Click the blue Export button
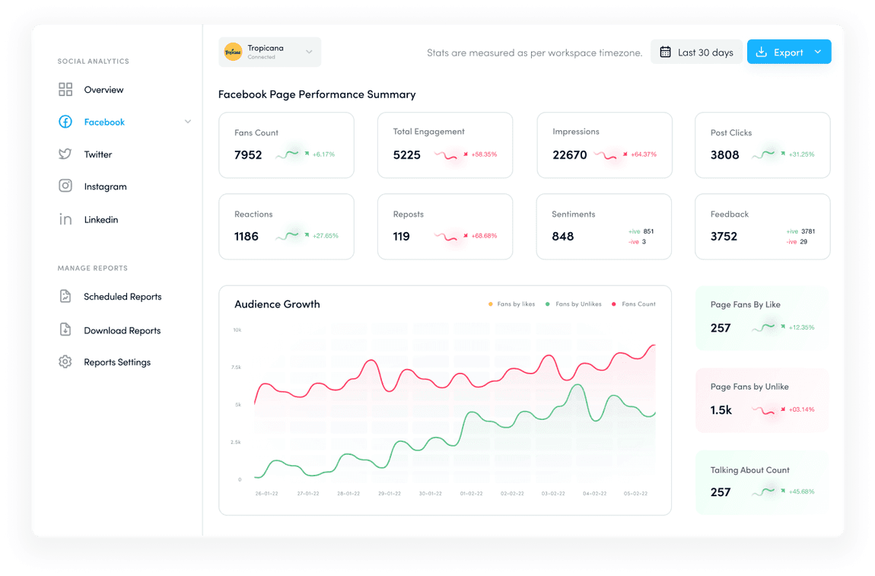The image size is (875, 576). click(788, 53)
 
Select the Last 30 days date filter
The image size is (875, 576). click(696, 53)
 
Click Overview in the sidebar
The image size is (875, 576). click(103, 90)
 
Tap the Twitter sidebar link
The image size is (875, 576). click(97, 154)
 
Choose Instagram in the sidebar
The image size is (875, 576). click(105, 186)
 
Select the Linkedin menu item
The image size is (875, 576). click(100, 220)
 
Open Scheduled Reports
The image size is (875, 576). click(123, 297)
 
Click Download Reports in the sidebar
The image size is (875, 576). click(122, 331)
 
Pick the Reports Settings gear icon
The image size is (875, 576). click(65, 362)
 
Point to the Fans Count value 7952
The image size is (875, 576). click(248, 155)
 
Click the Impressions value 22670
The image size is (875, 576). click(570, 155)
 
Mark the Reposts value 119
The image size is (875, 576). click(402, 237)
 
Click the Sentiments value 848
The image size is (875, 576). click(563, 237)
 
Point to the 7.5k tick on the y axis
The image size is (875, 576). click(237, 368)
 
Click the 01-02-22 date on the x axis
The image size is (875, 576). click(471, 494)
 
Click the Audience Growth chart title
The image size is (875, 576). click(277, 304)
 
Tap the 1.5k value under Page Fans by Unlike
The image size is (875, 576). click(721, 410)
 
